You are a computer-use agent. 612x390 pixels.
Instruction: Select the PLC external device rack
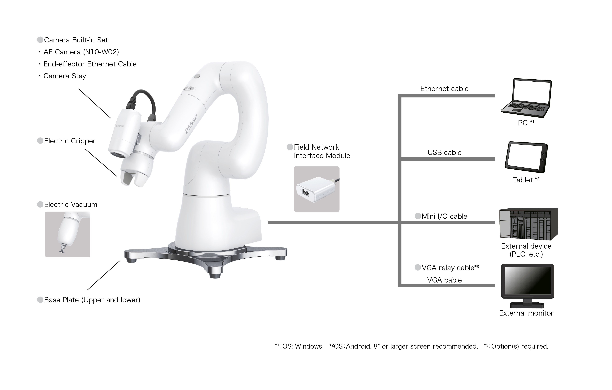pyautogui.click(x=528, y=224)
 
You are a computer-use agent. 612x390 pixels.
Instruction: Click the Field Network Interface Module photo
pyautogui.click(x=317, y=189)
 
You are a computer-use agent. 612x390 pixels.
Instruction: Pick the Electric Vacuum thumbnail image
pyautogui.click(x=68, y=234)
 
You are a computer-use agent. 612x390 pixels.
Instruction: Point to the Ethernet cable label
pyautogui.click(x=444, y=89)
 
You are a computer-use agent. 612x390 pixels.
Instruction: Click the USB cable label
pyautogui.click(x=444, y=153)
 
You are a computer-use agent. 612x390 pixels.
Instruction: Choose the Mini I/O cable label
pyautogui.click(x=444, y=216)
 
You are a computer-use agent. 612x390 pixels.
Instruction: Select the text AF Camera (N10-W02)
pyautogui.click(x=81, y=52)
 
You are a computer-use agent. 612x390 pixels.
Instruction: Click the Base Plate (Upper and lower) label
pyautogui.click(x=92, y=300)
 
